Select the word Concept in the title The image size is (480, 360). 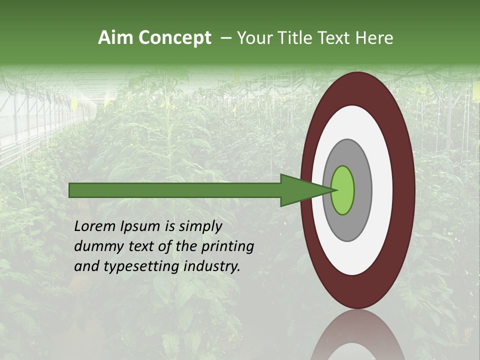coord(174,38)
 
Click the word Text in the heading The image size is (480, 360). coord(336,38)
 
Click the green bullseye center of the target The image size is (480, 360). coord(343,190)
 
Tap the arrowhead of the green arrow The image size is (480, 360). coord(305,190)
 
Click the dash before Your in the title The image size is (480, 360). coord(225,38)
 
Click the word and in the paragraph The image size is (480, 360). coord(85,266)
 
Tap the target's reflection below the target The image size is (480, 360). coord(358,335)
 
